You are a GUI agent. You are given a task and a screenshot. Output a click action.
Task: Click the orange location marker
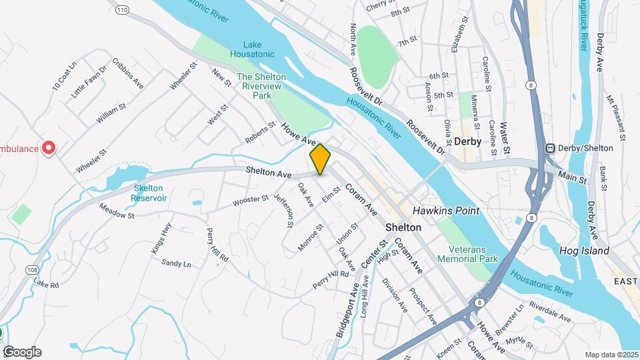click(x=320, y=159)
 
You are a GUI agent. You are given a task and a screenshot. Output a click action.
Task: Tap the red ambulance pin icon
click(x=48, y=147)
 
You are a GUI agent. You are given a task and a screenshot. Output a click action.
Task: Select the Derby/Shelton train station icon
click(x=551, y=148)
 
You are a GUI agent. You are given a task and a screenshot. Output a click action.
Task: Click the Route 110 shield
click(x=121, y=10)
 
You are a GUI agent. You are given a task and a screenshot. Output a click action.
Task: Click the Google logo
click(x=22, y=352)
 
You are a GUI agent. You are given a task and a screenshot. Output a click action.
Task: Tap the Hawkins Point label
click(x=445, y=211)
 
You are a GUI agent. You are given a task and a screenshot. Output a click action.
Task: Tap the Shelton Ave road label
click(x=269, y=173)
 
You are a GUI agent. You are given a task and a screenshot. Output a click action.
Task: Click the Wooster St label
click(x=250, y=199)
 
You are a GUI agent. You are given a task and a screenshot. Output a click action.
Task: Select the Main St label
click(x=572, y=179)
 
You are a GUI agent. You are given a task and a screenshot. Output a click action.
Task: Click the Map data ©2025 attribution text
click(x=611, y=354)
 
